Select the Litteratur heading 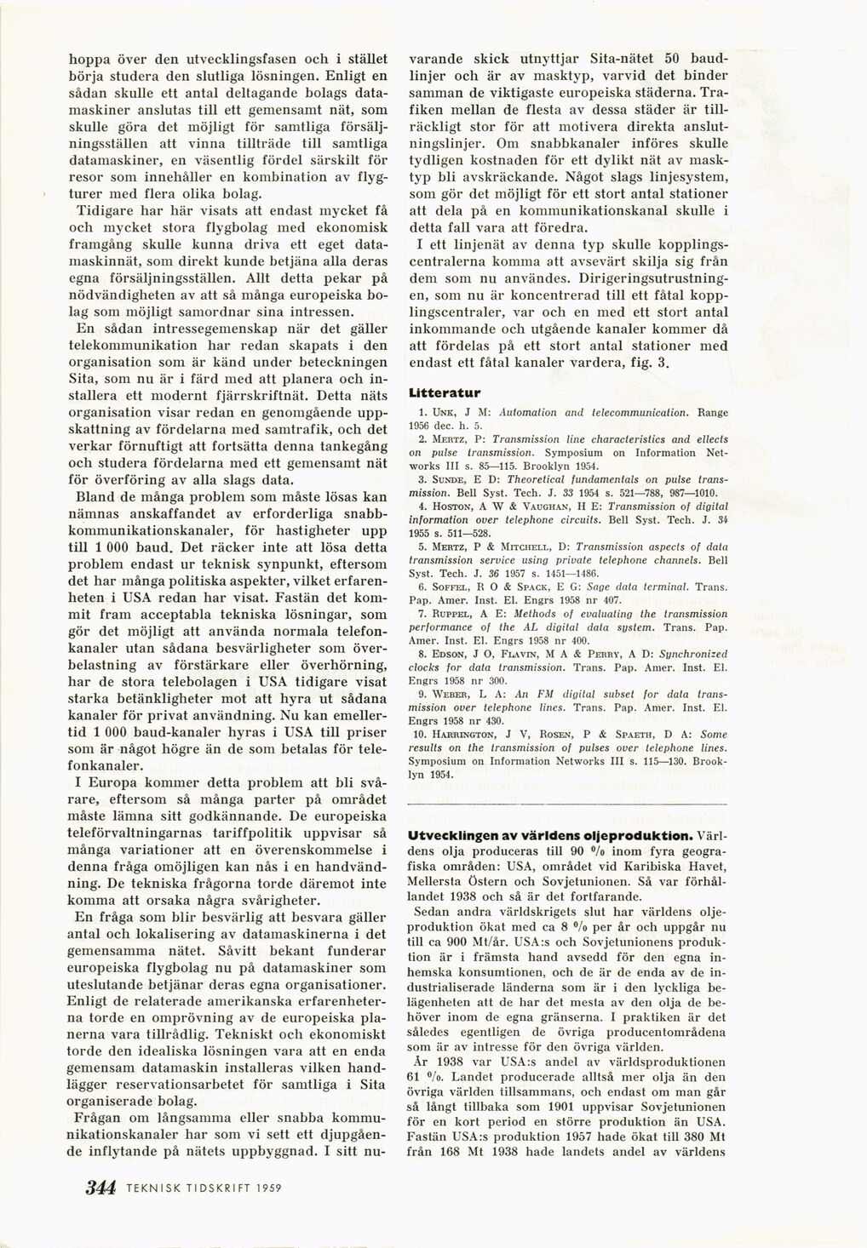[445, 393]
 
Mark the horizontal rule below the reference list [568, 803]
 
